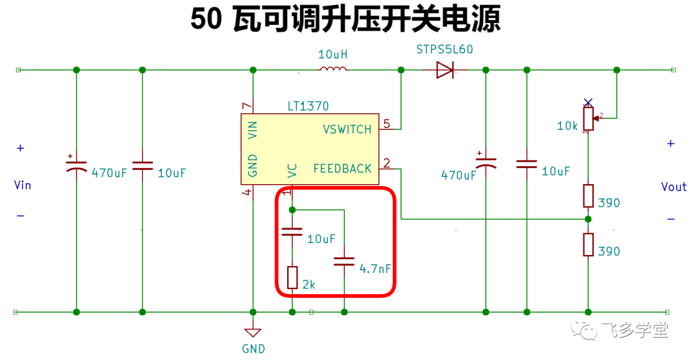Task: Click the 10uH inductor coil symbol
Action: pos(333,68)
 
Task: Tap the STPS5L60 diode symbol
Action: pos(445,70)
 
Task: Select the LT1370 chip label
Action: pos(308,106)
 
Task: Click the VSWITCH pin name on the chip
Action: pos(347,130)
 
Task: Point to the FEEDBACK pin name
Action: pos(342,169)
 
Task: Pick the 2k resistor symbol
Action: pos(292,278)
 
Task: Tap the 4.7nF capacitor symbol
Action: pos(344,262)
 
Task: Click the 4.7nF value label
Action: pos(375,269)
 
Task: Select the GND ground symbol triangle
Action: pos(253,333)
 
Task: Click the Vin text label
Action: pos(22,185)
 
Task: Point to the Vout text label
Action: pos(674,187)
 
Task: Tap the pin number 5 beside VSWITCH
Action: pos(386,124)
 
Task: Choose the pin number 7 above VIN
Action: pos(247,106)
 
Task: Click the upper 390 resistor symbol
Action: pos(589,196)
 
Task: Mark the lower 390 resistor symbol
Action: pos(589,244)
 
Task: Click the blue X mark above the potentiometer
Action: pos(588,103)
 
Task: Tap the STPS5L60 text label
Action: pos(445,49)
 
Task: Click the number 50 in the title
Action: pos(206,19)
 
